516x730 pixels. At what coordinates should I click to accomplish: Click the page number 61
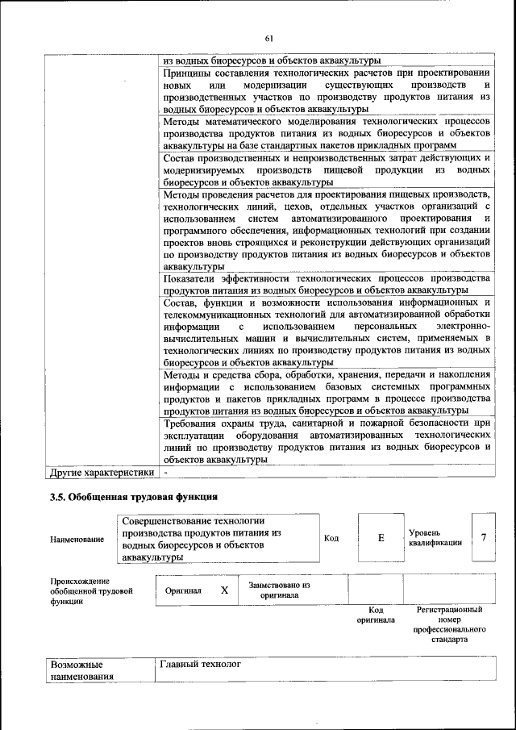[x=269, y=38]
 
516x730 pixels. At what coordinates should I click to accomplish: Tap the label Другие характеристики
[x=102, y=472]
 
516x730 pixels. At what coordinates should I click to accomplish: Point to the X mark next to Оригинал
[x=225, y=590]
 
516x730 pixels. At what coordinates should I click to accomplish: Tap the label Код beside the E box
[x=331, y=537]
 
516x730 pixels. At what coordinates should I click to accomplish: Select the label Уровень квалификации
[x=435, y=538]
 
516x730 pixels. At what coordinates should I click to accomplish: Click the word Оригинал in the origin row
[x=183, y=590]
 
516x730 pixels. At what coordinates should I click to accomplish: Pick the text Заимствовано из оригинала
[x=279, y=590]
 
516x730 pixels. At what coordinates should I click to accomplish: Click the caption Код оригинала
[x=375, y=615]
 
